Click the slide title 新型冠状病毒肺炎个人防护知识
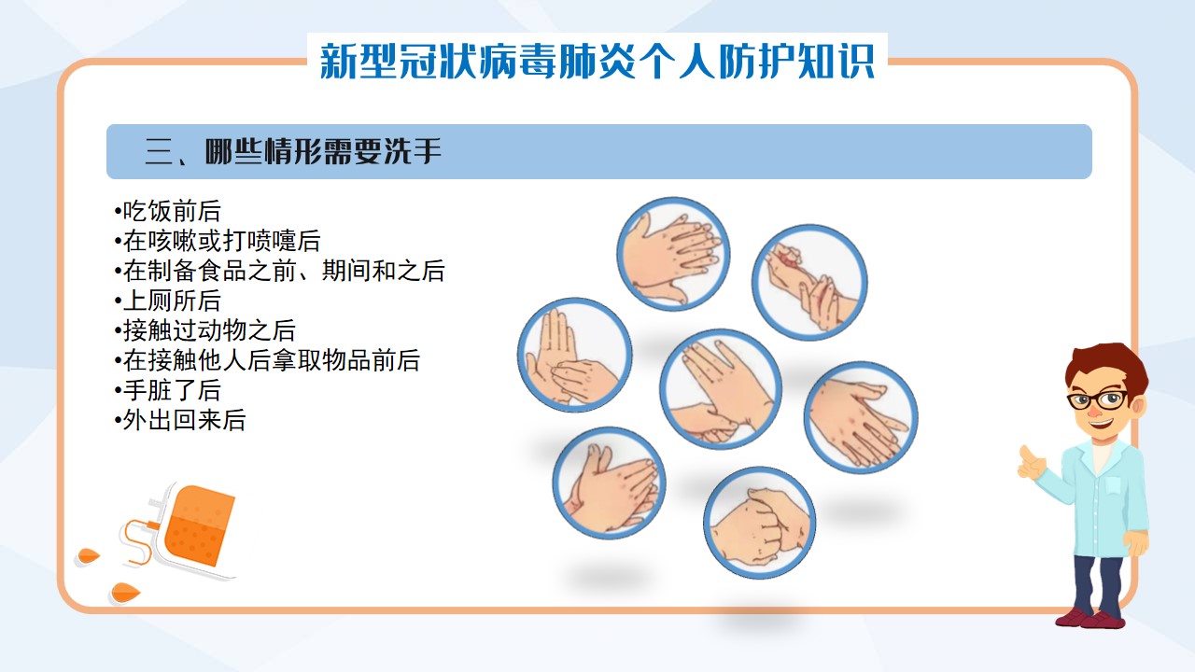pos(597,62)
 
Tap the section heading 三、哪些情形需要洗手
pos(293,151)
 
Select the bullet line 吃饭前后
pos(167,211)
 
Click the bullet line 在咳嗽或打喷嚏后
pos(218,241)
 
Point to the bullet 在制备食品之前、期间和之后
pos(279,271)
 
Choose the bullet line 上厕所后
pos(167,301)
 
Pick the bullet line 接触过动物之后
pos(204,330)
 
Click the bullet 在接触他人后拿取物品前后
pos(267,360)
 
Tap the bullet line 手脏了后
pos(167,390)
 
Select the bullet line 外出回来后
pos(180,420)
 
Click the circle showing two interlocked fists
pos(760,523)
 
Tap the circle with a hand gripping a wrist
pos(809,282)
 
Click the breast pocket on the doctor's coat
pos(1112,484)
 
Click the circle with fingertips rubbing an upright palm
pos(574,355)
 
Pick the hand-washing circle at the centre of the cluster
pos(721,389)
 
